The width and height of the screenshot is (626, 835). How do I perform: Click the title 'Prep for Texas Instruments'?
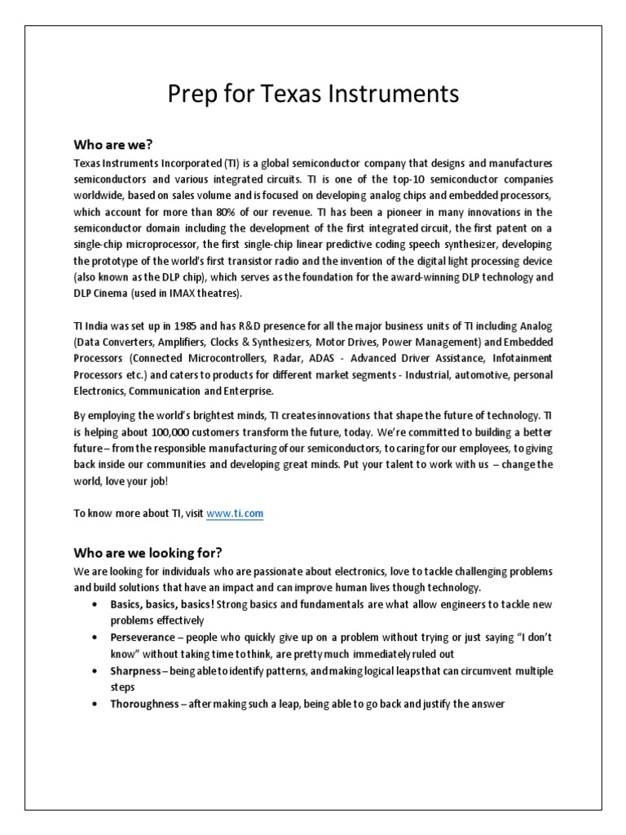[313, 95]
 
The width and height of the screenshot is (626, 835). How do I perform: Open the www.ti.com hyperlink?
[235, 513]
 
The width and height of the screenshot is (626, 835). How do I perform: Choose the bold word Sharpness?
[135, 670]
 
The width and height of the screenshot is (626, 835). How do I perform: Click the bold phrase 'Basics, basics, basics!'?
[162, 603]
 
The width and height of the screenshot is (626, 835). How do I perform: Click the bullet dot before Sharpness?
[95, 670]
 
